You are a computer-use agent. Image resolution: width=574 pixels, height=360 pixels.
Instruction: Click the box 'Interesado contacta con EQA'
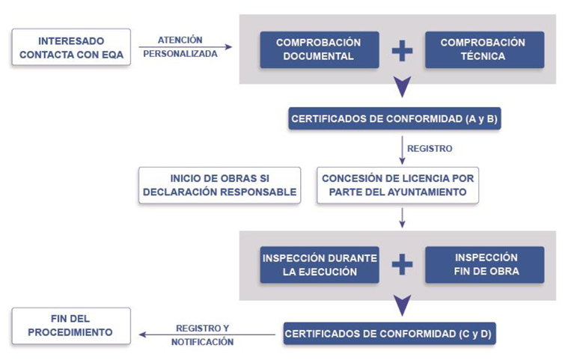[x=71, y=47]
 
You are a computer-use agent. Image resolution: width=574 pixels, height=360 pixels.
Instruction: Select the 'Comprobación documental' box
[x=320, y=49]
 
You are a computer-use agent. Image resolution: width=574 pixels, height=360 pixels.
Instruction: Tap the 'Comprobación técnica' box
[x=483, y=49]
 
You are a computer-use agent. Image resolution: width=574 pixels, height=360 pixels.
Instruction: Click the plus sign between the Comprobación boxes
[x=402, y=50]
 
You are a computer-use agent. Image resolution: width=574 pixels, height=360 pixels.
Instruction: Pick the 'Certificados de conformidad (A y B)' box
[x=394, y=118]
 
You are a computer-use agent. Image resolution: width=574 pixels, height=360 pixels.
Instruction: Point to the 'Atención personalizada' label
[x=180, y=46]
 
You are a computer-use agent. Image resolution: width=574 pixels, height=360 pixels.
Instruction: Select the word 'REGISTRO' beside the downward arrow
[x=430, y=149]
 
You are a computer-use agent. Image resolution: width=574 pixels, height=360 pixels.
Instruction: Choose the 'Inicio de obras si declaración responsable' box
[x=219, y=185]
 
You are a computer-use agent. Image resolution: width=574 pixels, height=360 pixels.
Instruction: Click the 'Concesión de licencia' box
[x=397, y=185]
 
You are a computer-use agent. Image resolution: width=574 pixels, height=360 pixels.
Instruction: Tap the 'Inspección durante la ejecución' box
[x=320, y=264]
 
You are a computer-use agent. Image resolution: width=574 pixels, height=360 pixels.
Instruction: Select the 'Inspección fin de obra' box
[x=483, y=264]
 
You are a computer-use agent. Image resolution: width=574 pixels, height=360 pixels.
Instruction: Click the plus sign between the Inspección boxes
[x=402, y=264]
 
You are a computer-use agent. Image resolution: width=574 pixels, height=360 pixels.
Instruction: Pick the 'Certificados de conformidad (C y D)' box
[x=389, y=333]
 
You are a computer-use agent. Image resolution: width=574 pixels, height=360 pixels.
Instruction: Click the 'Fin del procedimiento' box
[x=71, y=326]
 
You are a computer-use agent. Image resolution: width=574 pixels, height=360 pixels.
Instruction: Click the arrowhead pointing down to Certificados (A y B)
[x=403, y=88]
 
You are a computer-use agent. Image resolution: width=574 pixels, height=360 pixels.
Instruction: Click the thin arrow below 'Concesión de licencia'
[x=403, y=216]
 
